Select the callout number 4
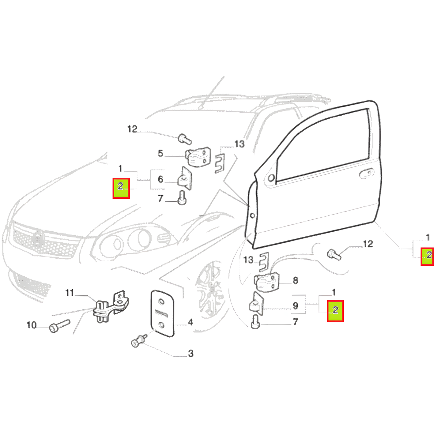(x=191, y=322)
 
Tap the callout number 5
(x=160, y=154)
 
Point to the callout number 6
(x=160, y=179)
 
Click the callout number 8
(x=295, y=280)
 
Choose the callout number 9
(x=295, y=305)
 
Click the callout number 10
(x=32, y=325)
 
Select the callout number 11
(x=70, y=293)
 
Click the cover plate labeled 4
(x=162, y=313)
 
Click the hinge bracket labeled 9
(x=257, y=304)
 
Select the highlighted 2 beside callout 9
(x=335, y=311)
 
